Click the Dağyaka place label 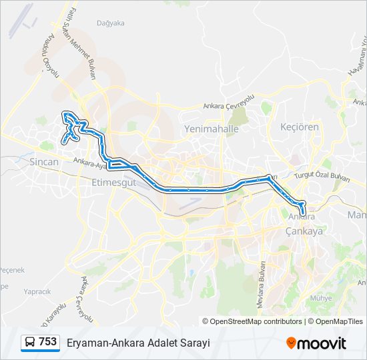111,23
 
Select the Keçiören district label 300,127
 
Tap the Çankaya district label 304,231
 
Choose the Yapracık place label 37,291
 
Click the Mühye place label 320,298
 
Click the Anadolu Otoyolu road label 51,69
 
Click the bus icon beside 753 31,343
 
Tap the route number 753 47,342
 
